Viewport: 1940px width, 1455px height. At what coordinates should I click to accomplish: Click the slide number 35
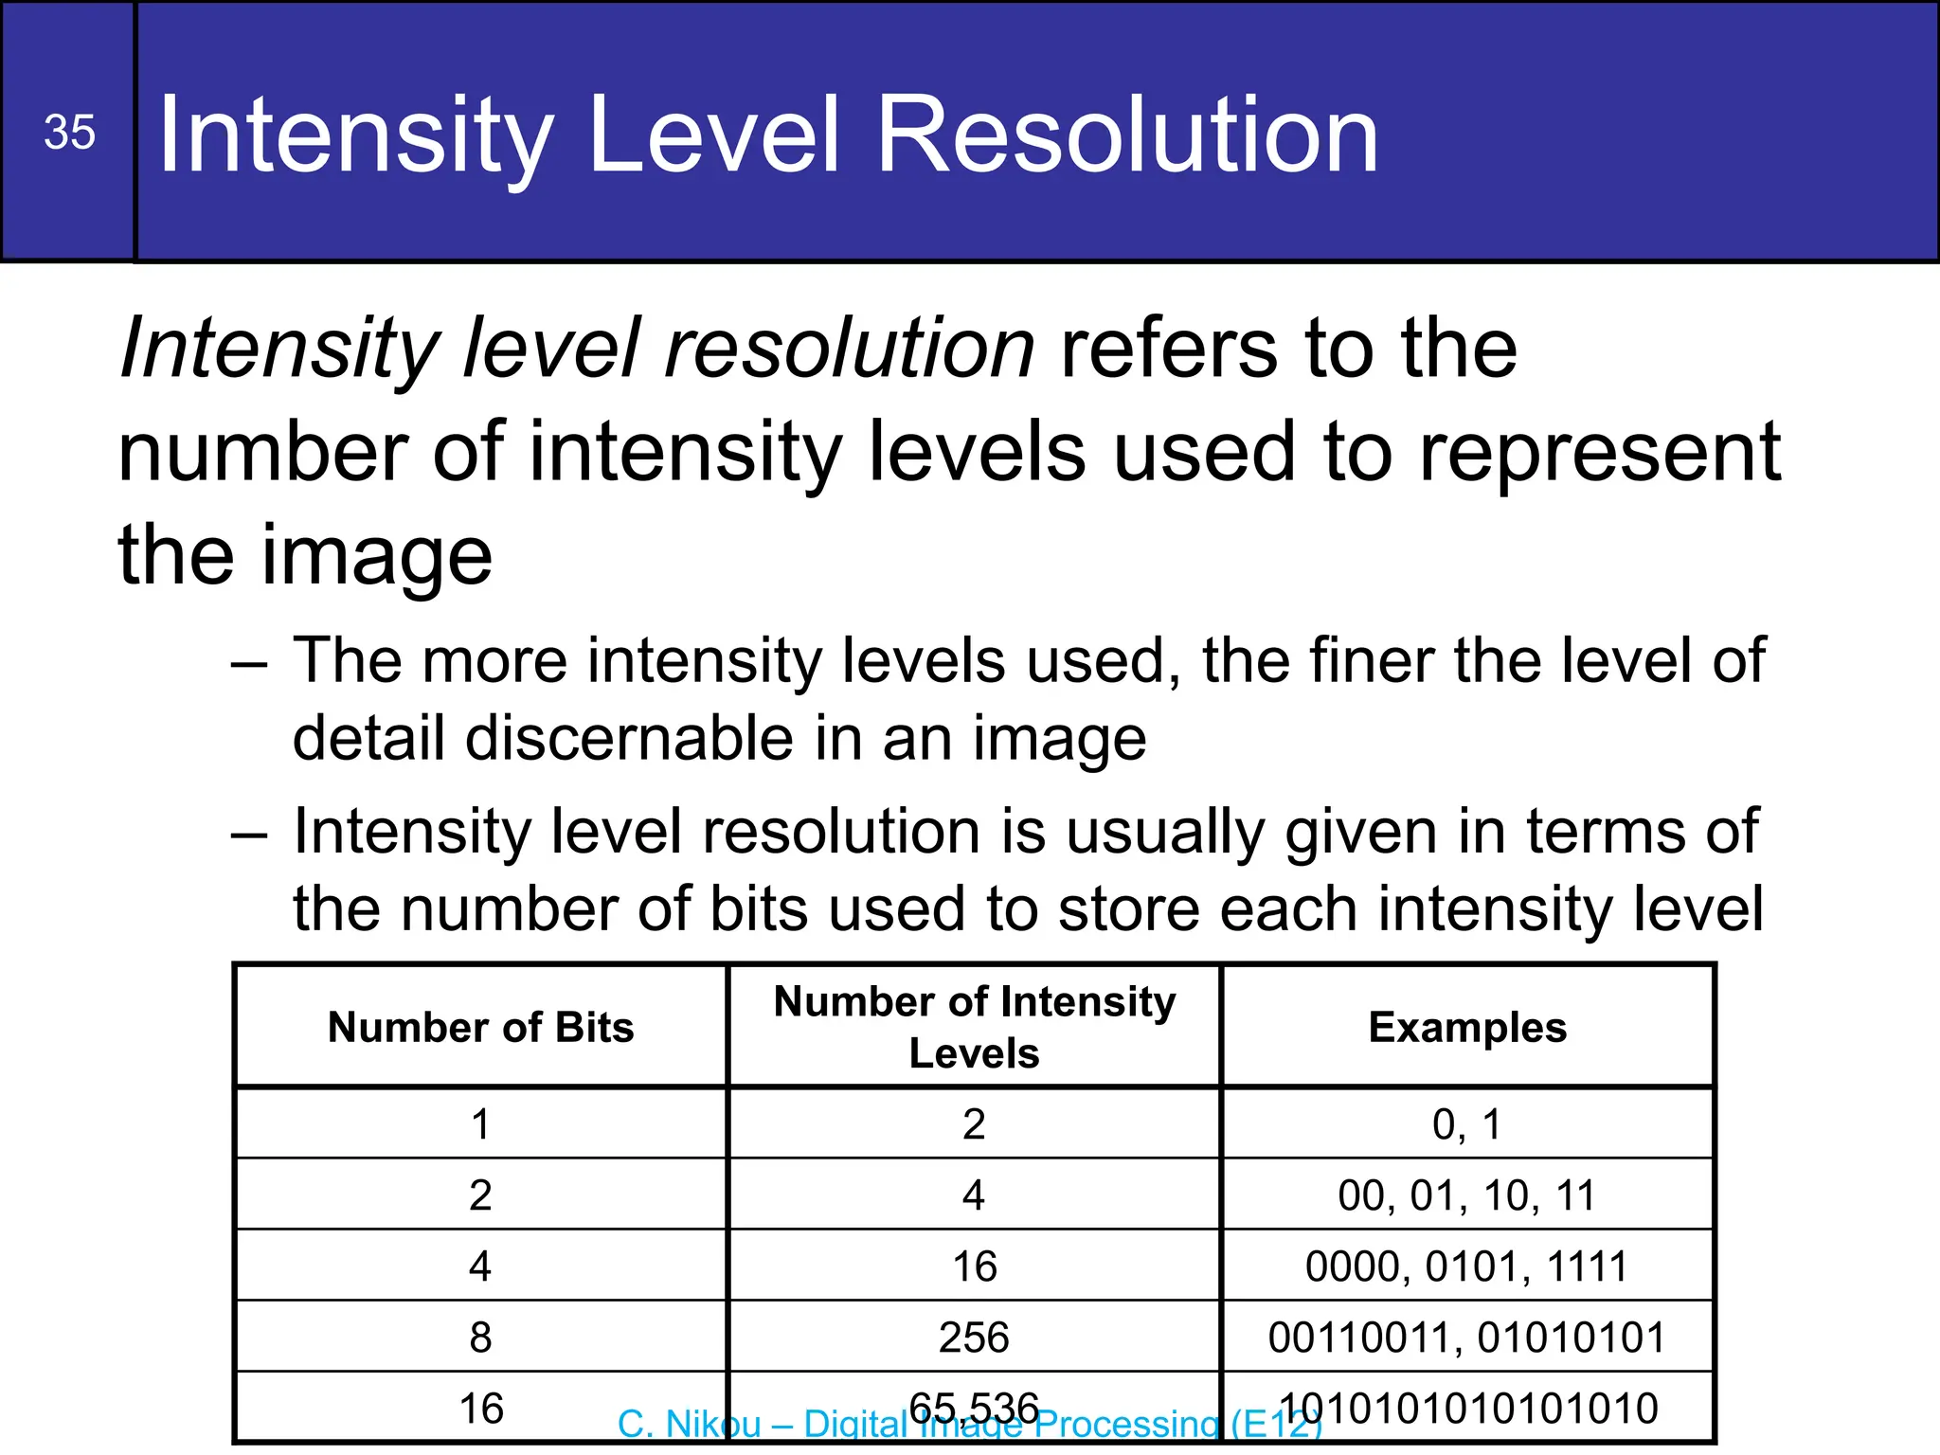point(69,132)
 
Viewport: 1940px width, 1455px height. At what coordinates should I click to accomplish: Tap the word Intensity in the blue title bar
point(356,135)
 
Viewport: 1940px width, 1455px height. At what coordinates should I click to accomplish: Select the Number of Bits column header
point(480,1027)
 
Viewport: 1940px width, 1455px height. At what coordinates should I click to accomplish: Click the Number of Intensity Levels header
point(974,1027)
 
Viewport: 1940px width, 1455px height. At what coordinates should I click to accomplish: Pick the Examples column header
point(1467,1027)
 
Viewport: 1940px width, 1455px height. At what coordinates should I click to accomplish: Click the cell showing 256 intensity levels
point(974,1337)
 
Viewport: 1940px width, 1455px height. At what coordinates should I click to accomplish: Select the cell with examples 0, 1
point(1467,1124)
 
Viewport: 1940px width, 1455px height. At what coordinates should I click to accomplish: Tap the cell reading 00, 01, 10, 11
point(1467,1195)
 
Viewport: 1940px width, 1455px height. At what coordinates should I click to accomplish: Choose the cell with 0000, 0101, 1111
point(1467,1266)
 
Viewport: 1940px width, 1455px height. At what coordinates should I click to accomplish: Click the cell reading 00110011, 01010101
point(1467,1337)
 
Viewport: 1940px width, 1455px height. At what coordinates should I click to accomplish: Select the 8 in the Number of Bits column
point(480,1337)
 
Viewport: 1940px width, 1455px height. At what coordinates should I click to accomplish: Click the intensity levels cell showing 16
point(974,1266)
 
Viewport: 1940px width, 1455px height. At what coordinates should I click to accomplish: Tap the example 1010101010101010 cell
point(1467,1408)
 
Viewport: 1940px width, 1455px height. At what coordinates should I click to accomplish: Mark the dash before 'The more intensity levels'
point(249,663)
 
